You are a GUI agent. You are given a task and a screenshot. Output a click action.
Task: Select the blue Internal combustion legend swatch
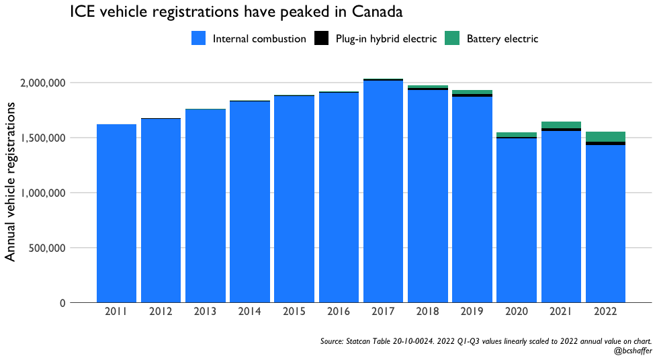tap(200, 39)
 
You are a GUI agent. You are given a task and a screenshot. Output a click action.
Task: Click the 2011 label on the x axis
tap(116, 312)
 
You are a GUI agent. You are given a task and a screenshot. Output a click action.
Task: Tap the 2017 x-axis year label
tap(383, 312)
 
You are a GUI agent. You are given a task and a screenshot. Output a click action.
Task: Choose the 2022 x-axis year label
tap(605, 312)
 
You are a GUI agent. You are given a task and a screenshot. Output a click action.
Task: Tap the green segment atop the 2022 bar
tap(605, 136)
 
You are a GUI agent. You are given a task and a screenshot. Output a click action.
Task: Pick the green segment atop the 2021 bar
tap(561, 125)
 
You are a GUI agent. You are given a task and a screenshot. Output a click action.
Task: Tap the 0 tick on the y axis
tap(62, 303)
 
